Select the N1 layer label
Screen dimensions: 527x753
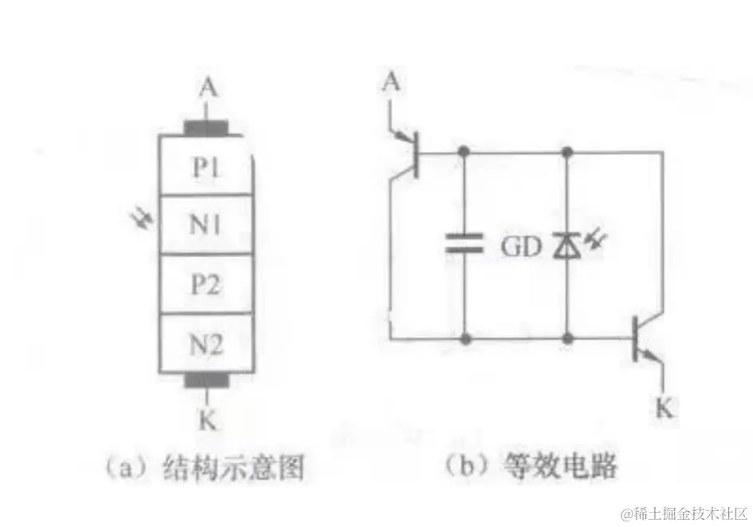click(207, 226)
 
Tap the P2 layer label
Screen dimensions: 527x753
click(207, 285)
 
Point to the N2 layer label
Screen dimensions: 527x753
click(207, 345)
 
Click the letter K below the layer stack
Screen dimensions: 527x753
click(207, 420)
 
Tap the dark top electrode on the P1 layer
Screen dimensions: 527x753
click(207, 128)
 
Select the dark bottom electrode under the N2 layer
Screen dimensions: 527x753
click(207, 381)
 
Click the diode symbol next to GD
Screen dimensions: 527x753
click(566, 246)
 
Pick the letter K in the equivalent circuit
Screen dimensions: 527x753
click(664, 409)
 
